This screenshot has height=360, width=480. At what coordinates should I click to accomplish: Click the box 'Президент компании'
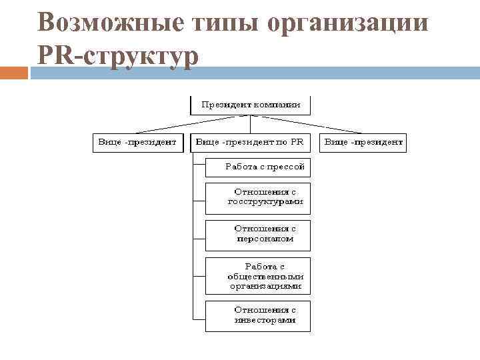click(x=251, y=105)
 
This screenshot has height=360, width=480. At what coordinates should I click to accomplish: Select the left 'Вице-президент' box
click(x=137, y=142)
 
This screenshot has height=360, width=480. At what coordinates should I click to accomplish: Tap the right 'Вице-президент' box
click(x=363, y=142)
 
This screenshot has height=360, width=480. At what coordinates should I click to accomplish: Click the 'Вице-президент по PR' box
click(x=251, y=142)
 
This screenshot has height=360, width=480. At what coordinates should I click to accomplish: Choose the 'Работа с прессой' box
click(x=258, y=167)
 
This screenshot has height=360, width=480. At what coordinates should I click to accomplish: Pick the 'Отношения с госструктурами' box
click(x=258, y=197)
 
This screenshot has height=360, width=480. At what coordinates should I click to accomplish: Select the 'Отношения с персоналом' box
click(x=258, y=233)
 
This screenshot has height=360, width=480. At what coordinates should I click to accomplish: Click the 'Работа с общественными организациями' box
click(x=258, y=276)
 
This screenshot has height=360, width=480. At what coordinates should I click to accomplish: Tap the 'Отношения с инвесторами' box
click(x=258, y=315)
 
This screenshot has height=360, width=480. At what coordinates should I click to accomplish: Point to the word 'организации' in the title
click(x=347, y=22)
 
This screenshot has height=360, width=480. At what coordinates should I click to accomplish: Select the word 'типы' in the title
click(x=218, y=22)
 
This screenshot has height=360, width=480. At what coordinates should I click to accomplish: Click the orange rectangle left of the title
click(x=14, y=73)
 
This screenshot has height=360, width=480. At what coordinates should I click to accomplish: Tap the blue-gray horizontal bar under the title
click(x=267, y=73)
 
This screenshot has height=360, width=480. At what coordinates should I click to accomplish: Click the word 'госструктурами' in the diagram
click(x=265, y=201)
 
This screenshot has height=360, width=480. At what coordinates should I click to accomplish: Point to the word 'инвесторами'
click(x=265, y=320)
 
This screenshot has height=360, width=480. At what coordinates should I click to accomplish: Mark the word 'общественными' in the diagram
click(x=265, y=276)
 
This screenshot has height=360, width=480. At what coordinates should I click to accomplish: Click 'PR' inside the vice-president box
click(x=297, y=142)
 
